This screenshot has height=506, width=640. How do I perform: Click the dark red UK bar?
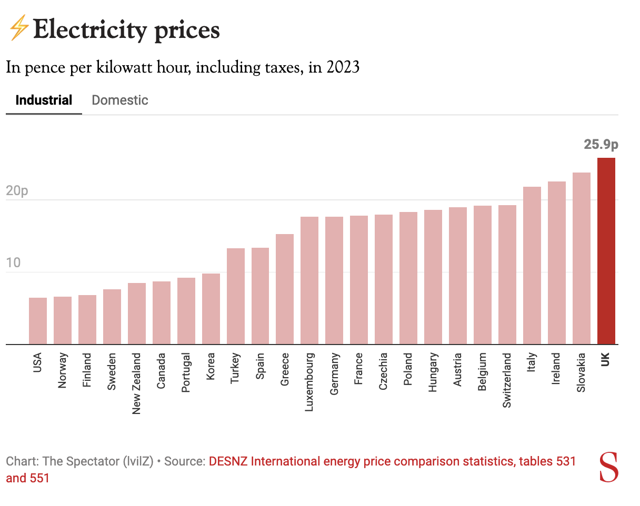tap(606, 251)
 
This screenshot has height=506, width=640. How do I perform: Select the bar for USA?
tap(38, 321)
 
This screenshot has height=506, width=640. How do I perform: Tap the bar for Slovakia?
tap(581, 258)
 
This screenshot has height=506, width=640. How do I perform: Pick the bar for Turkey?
tap(236, 296)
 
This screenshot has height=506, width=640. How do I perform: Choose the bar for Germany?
tap(334, 280)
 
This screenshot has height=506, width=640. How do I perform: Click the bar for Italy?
tap(532, 266)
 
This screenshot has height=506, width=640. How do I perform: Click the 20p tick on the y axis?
tap(17, 191)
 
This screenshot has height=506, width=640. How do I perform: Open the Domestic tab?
tap(120, 100)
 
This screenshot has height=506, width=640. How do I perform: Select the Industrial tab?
tap(44, 100)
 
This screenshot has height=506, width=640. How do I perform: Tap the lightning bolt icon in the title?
tap(18, 28)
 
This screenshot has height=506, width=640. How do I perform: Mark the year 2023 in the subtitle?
tap(343, 68)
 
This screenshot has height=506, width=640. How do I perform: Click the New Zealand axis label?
tap(137, 383)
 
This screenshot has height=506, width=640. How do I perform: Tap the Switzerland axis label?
tap(507, 380)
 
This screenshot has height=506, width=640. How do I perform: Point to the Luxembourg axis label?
tap(309, 381)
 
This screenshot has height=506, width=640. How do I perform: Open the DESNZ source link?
tap(392, 462)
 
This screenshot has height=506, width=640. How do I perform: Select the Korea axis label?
tap(211, 367)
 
